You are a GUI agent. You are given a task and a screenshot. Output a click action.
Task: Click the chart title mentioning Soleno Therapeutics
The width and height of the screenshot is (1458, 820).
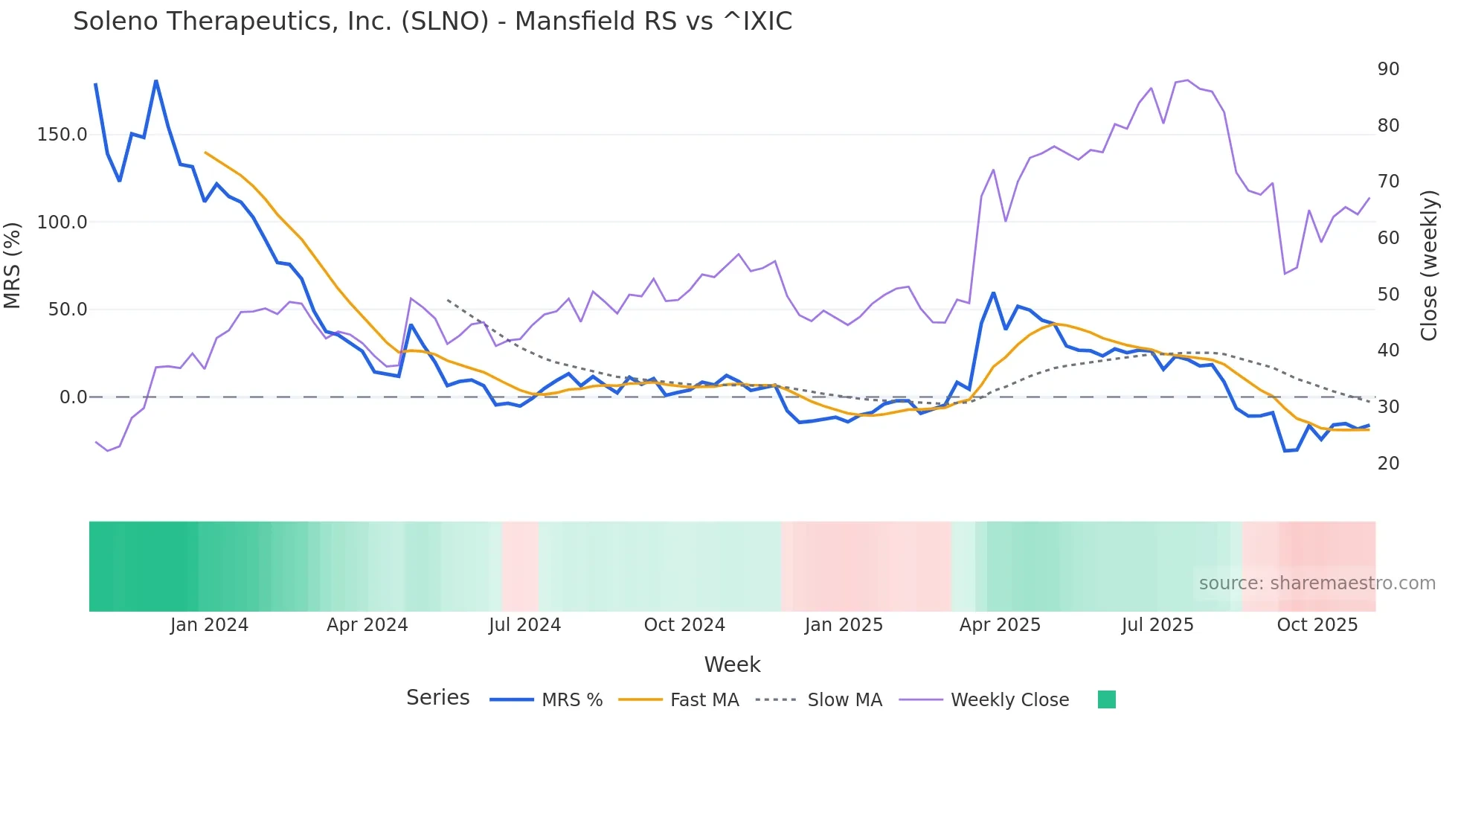432,22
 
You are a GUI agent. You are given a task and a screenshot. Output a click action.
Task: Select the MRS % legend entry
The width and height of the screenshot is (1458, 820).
571,700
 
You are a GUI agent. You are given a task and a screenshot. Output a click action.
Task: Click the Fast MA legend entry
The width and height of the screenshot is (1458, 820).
704,700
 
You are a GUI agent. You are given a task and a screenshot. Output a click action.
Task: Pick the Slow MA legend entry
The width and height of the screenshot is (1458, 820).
844,700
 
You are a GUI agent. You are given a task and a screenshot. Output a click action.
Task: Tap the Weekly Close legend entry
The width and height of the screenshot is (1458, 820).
1009,700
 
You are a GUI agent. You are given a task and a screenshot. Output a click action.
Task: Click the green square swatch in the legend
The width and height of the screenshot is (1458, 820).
1106,699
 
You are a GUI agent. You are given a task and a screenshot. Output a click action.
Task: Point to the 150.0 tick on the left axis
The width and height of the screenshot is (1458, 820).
62,135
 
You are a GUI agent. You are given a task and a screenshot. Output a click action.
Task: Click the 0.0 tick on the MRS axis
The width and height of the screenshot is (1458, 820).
73,397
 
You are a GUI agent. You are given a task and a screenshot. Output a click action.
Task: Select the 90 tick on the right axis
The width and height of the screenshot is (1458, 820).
1388,69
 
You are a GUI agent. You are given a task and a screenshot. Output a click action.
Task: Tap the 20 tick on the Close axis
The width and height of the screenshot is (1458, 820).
1388,464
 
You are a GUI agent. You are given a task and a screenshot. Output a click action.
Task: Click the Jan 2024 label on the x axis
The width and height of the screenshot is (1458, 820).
209,625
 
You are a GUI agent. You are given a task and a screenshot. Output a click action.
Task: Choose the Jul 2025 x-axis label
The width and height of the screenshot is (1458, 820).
1157,625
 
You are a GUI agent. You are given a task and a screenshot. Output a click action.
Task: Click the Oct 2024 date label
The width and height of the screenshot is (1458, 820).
684,625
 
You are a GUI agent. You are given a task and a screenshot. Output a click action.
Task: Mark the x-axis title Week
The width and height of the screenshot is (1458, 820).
732,664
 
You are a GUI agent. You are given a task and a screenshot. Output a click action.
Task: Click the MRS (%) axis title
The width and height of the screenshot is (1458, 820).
13,266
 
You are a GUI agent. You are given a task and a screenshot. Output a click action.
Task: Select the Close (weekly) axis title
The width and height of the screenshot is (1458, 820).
1428,266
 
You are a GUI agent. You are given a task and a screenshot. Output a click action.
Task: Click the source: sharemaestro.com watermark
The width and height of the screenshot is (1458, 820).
1317,583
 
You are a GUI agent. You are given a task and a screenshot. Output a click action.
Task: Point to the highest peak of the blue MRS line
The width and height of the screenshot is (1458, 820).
155,80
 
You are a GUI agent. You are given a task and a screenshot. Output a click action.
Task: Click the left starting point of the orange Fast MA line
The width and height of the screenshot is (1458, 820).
205,153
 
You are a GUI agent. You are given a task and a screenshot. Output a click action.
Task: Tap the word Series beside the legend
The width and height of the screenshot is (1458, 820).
437,698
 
